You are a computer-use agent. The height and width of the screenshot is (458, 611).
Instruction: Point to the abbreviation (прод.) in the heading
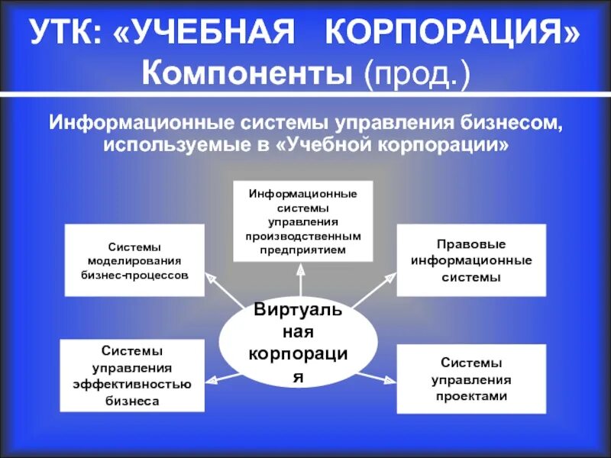point(416,74)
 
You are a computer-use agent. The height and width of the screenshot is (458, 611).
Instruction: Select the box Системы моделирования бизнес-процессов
point(134,260)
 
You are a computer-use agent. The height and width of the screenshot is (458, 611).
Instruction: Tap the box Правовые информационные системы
point(471,260)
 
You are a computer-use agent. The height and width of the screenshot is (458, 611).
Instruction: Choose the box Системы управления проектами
point(471,379)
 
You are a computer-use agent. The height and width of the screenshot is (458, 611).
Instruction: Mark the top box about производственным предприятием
point(302,221)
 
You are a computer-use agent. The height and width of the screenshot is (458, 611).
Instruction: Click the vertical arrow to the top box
point(301,282)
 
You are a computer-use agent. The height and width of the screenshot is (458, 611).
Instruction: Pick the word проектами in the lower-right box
point(471,396)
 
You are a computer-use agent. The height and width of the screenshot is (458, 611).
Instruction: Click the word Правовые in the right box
point(471,244)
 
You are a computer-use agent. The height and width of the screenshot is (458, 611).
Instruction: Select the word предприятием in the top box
point(302,249)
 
